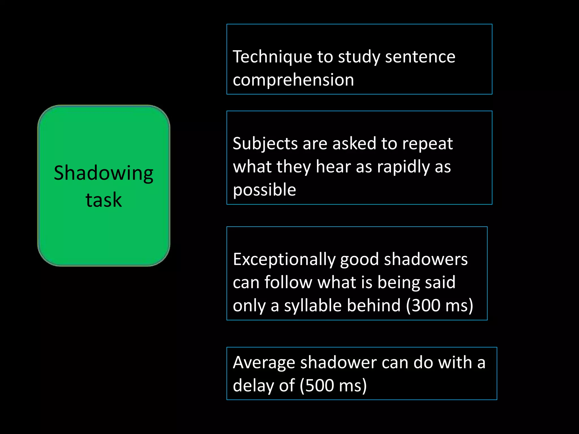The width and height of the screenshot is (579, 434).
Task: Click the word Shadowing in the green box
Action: [103, 173]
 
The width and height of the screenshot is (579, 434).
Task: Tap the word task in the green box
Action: [103, 200]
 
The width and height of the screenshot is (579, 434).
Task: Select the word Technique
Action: [272, 57]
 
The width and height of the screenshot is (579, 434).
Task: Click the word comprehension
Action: [293, 80]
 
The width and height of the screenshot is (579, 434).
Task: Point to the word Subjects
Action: [265, 144]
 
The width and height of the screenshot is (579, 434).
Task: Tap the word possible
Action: [264, 190]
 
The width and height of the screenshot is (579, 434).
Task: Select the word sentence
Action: [420, 57]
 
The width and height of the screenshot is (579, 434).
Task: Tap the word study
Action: [359, 57]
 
